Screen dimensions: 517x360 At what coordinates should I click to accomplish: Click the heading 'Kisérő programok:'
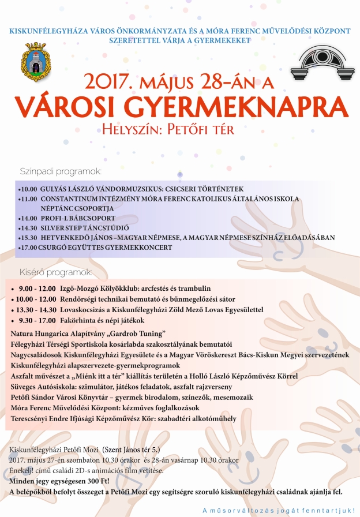tap(57, 272)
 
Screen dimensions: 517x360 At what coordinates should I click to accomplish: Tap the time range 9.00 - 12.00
tap(37, 289)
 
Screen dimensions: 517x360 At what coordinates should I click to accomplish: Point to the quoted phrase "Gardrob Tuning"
tap(138, 334)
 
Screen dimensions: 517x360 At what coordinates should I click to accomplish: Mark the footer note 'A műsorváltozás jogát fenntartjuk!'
tap(279, 510)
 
